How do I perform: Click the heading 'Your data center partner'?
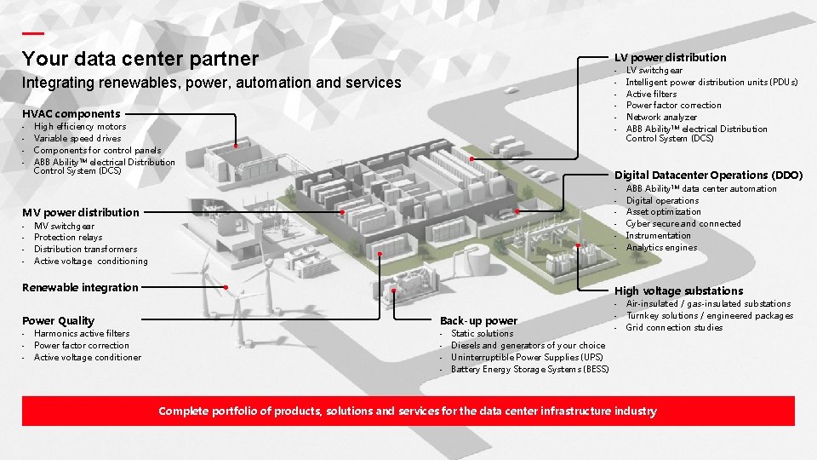tap(140, 59)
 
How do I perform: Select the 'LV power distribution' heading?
tap(670, 57)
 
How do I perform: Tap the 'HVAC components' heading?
tap(71, 113)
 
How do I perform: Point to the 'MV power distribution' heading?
tap(80, 212)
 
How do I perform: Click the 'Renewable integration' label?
tap(80, 287)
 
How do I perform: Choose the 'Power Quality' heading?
tap(58, 320)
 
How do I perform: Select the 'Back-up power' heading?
tap(478, 320)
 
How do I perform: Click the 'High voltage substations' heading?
tap(678, 290)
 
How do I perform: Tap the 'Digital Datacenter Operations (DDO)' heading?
tap(708, 175)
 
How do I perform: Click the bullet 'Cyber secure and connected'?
tap(683, 224)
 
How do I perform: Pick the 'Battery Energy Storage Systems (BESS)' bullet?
tap(529, 370)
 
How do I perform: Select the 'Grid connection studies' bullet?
tap(674, 328)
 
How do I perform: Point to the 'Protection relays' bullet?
tap(68, 238)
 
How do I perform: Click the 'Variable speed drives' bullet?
tap(77, 138)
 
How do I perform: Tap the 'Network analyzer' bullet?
tap(661, 118)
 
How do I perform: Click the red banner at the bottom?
tap(408, 411)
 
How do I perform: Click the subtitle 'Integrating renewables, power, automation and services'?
tap(211, 83)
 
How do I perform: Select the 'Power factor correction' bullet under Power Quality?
tap(82, 346)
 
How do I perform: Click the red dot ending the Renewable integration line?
tap(225, 287)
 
